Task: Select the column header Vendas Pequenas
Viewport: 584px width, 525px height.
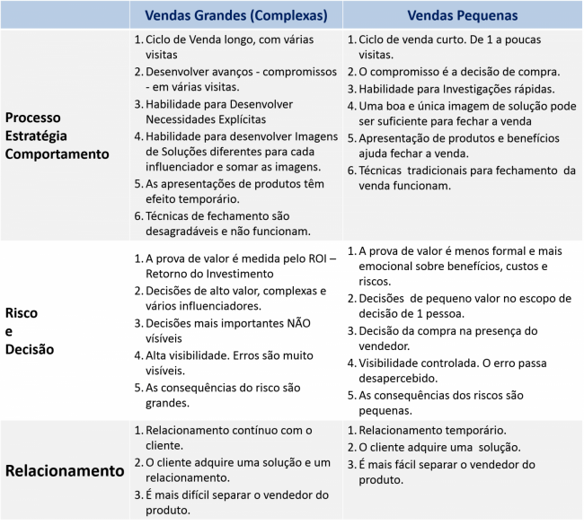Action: tap(462, 15)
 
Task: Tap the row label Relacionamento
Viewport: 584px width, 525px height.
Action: tap(65, 470)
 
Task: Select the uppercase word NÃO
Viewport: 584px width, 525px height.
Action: tap(304, 323)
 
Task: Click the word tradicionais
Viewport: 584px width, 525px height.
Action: tap(447, 170)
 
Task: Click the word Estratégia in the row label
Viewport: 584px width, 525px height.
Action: tap(40, 136)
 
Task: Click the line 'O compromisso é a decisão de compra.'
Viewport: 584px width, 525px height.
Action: tap(459, 72)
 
